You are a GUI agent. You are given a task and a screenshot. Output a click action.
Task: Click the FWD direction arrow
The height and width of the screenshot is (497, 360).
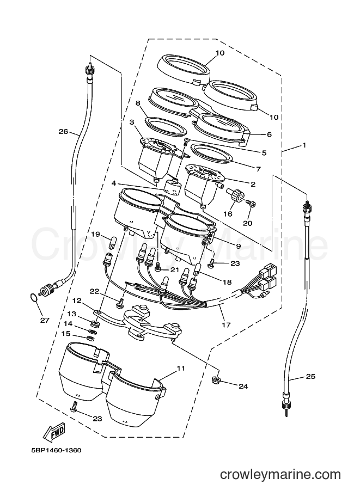click(54, 432)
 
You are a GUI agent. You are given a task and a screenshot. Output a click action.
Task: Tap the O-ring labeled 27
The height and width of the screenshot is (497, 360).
click(32, 298)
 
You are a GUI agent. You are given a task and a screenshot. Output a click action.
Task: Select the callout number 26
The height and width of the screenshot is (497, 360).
click(63, 131)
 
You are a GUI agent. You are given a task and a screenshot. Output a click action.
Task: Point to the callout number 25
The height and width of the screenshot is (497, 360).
click(310, 376)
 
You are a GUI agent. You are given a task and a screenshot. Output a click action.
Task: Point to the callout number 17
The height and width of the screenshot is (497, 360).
click(227, 324)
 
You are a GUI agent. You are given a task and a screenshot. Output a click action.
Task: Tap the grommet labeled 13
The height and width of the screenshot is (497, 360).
click(95, 324)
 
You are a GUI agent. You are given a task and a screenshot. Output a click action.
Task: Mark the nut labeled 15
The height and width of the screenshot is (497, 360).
click(89, 338)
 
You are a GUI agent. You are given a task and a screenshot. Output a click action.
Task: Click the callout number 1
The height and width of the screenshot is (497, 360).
click(304, 145)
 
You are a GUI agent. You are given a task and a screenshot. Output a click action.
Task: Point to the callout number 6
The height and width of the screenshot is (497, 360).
click(269, 134)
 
